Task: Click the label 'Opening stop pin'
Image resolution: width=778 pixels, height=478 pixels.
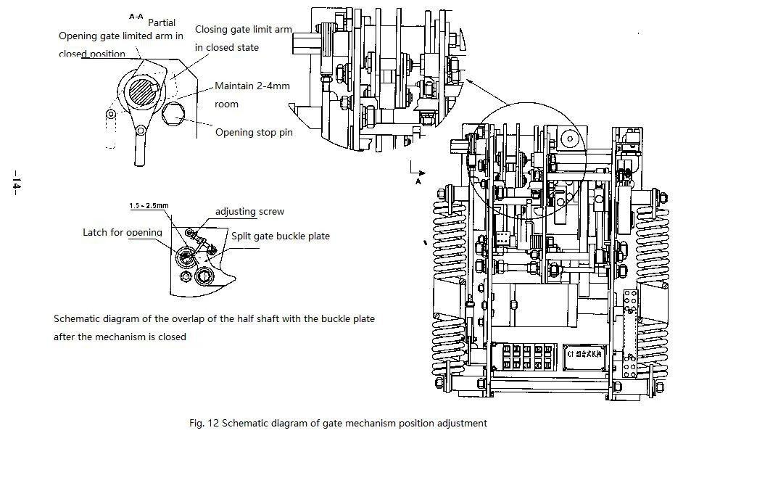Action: [254, 133]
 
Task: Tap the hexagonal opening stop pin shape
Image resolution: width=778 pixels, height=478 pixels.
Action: [175, 114]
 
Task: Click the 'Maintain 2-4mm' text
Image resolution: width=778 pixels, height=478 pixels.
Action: [252, 86]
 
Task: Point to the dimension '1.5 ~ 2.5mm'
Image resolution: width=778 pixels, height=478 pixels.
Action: [149, 206]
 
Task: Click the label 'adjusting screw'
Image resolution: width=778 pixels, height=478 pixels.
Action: [249, 212]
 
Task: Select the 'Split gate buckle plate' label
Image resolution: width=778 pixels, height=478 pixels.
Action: [280, 236]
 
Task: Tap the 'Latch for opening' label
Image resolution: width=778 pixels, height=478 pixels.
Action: [123, 233]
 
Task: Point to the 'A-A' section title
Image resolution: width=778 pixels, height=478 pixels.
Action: [136, 16]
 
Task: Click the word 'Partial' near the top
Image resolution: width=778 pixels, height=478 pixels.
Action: [162, 22]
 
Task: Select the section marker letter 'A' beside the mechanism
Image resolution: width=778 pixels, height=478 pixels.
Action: [418, 182]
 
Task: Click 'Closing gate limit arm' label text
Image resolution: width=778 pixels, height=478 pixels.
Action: [243, 30]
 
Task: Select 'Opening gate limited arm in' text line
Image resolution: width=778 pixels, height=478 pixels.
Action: [120, 36]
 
